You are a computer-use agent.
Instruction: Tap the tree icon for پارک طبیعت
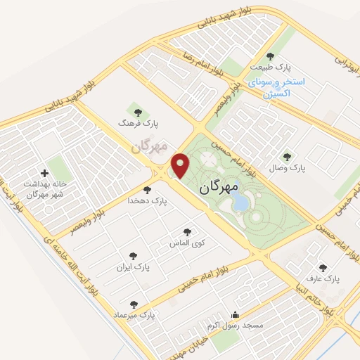click(270, 56)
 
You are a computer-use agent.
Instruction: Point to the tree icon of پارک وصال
click(286, 157)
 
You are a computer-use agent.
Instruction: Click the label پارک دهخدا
click(148, 200)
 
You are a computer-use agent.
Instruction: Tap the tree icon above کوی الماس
click(186, 231)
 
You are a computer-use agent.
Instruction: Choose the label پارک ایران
click(134, 268)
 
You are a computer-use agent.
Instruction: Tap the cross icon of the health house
click(45, 173)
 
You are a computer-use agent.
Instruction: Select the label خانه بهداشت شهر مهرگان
click(45, 189)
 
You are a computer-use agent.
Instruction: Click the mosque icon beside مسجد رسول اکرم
click(234, 316)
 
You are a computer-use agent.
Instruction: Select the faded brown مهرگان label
click(150, 146)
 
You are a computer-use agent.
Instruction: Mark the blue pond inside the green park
click(240, 202)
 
